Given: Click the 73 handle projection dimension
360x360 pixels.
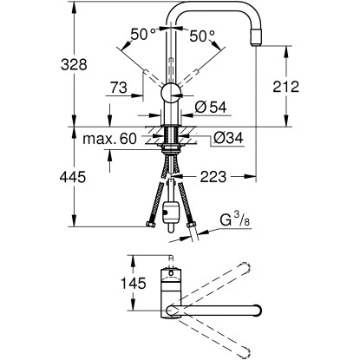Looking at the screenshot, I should pos(120,88).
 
